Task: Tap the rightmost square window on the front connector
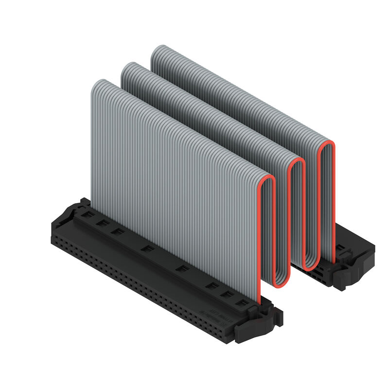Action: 240,302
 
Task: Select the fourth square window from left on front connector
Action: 146,249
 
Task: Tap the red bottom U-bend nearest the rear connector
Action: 311,266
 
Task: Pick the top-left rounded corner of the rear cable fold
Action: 156,49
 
